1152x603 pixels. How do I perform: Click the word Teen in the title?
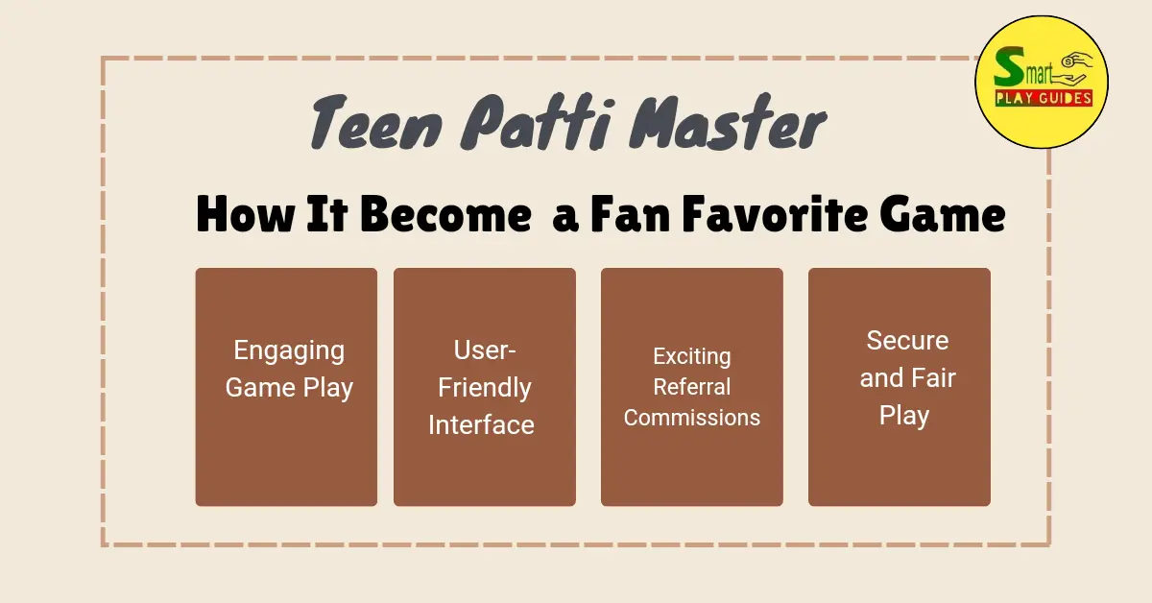point(376,123)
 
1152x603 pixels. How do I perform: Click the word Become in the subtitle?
point(445,214)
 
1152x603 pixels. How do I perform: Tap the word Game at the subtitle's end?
point(943,214)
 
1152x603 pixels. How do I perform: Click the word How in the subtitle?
point(246,214)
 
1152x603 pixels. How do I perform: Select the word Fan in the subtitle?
point(631,214)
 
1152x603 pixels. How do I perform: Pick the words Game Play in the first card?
point(289,388)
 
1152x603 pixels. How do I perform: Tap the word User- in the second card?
point(485,350)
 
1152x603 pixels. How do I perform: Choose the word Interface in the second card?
point(481,425)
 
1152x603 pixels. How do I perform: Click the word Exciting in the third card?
point(692,357)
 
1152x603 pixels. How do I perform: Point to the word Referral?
point(692,387)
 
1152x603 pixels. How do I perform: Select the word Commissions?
point(692,418)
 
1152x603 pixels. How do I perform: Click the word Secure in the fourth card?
point(908,341)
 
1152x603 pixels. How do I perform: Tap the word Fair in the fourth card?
point(934,378)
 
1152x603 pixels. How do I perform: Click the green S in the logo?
point(1009,67)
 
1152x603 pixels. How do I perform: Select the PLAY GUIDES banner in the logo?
point(1044,98)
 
